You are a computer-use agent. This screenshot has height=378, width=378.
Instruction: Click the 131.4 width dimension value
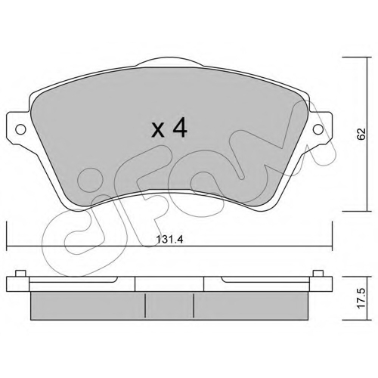(169, 240)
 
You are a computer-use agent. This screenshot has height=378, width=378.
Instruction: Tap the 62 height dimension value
(361, 134)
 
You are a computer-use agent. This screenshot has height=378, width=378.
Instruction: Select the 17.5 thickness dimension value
(361, 299)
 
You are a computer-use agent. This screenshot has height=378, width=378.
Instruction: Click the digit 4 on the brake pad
(179, 128)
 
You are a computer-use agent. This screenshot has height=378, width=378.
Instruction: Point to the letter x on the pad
(158, 131)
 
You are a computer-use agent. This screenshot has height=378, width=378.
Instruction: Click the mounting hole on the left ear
(20, 129)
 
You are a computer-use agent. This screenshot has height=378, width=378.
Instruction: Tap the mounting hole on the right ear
(318, 129)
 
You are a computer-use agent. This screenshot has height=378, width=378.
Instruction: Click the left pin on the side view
(20, 274)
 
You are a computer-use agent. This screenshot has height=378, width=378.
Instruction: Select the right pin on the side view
(318, 274)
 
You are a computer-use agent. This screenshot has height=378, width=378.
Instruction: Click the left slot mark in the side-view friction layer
(145, 305)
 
